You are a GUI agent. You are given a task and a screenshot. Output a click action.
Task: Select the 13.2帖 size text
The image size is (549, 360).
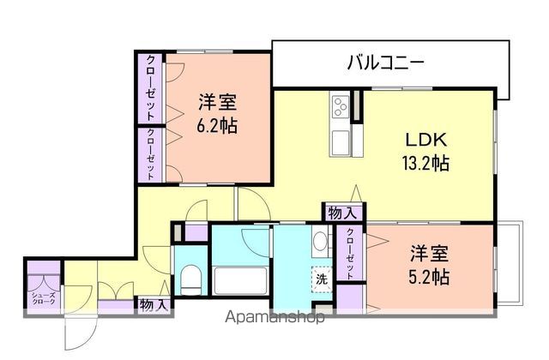pos(426,161)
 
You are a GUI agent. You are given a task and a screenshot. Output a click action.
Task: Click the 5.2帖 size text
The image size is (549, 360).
pos(428,277)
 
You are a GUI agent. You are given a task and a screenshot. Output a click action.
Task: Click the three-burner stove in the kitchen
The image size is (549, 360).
pos(340,108)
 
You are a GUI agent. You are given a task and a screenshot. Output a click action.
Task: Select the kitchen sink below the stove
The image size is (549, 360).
pos(340,140)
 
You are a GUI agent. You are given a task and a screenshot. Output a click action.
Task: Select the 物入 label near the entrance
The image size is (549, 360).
pos(154,304)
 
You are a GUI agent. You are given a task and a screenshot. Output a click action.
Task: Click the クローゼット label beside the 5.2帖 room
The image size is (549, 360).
pos(350,252)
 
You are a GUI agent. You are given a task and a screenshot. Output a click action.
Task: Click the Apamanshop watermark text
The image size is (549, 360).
pos(274,319)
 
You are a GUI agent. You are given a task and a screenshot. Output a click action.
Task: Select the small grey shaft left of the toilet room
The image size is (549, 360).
pos(178,232)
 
